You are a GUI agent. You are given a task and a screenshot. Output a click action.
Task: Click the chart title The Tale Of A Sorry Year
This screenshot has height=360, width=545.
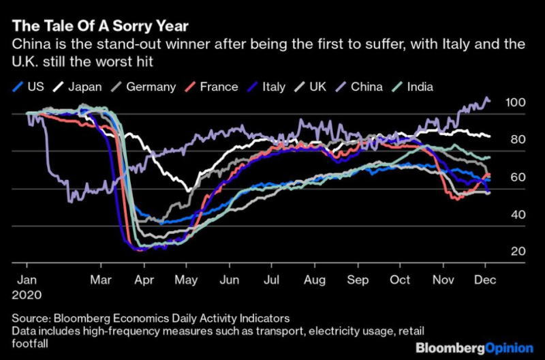(x=101, y=26)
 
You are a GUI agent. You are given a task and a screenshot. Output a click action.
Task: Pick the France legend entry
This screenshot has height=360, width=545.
(x=215, y=87)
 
